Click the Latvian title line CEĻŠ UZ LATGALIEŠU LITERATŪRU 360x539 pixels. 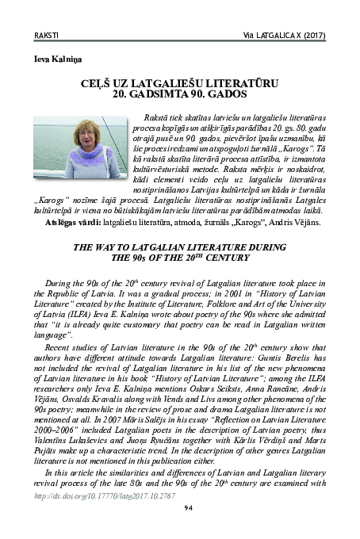pos(179,82)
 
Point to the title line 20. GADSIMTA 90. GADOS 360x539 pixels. pos(179,93)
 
